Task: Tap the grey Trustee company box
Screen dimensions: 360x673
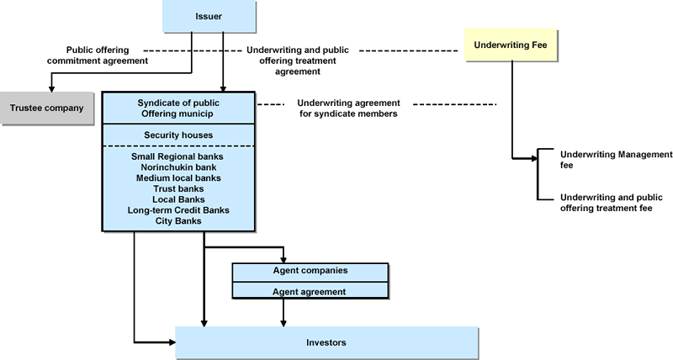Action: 47,108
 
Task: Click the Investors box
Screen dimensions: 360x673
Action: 326,343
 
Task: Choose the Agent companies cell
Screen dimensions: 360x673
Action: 310,271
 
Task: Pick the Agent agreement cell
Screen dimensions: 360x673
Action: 310,291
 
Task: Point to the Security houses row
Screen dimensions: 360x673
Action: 177,135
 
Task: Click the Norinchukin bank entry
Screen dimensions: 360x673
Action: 177,167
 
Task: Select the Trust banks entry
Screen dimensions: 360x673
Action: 177,188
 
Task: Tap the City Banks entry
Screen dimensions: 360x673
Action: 177,221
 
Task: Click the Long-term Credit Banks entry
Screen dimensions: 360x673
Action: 177,210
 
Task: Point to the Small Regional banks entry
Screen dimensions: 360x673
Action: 177,156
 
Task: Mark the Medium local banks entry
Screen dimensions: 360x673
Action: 177,178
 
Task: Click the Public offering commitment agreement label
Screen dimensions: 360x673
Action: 107,55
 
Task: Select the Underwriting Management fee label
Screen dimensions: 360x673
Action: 616,160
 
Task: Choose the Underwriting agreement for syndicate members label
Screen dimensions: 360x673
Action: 348,109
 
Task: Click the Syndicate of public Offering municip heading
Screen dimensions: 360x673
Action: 177,108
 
